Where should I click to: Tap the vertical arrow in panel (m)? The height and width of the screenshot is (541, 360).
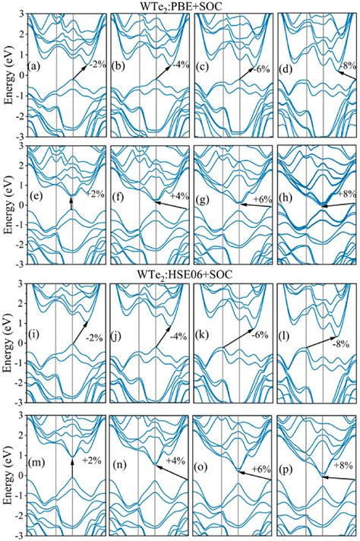(72, 471)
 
